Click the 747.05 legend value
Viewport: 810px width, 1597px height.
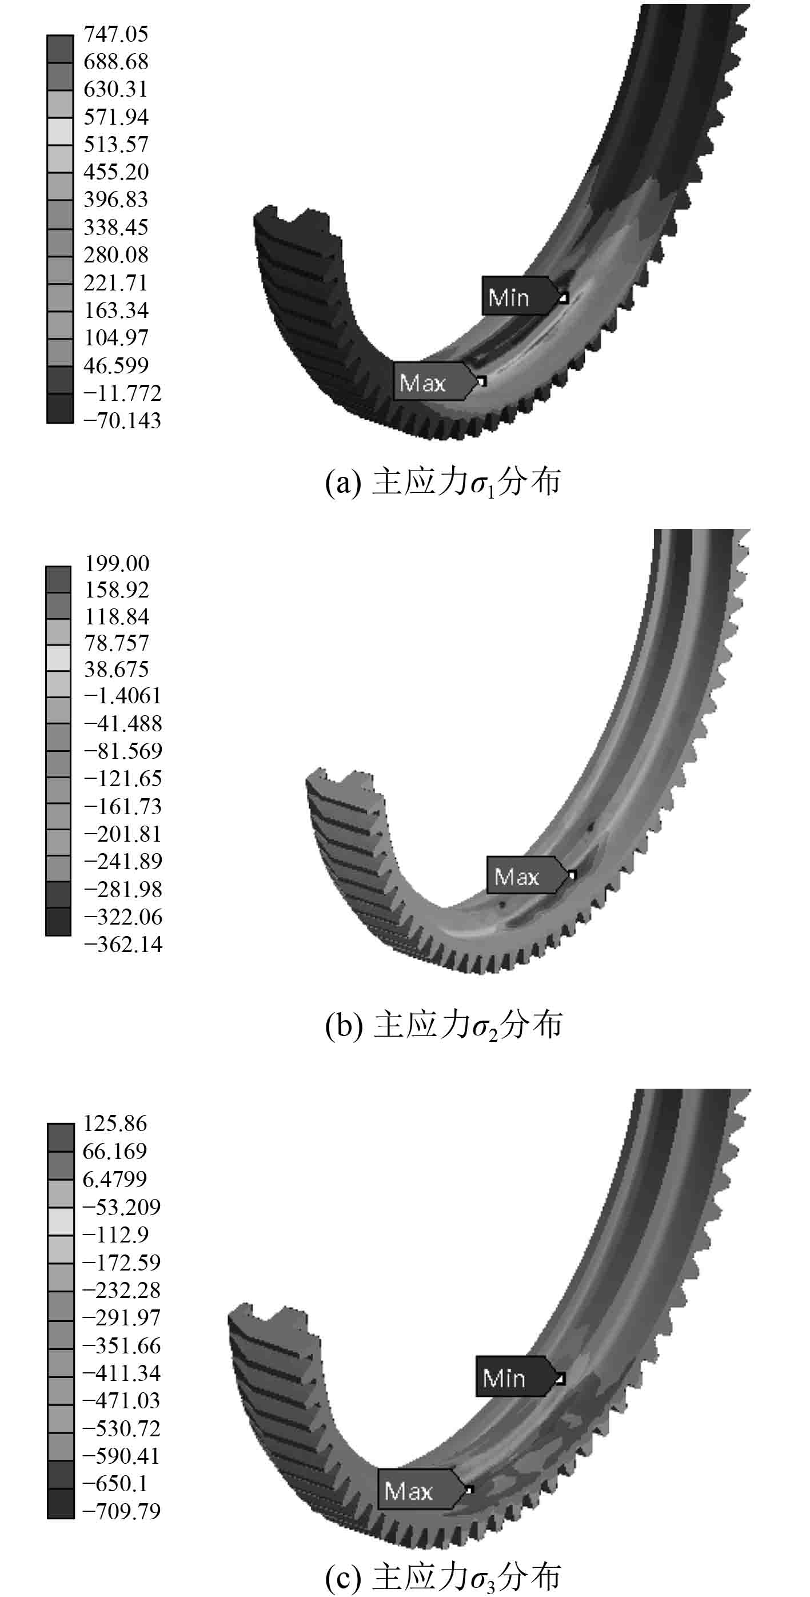116,34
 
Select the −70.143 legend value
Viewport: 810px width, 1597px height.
122,420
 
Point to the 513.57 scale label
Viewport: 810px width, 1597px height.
116,145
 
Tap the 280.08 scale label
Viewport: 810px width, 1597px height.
116,255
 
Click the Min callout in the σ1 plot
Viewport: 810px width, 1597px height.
524,296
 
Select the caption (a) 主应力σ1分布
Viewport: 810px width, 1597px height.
443,483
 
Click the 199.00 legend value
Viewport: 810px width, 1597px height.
117,564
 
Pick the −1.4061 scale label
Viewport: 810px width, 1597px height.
123,696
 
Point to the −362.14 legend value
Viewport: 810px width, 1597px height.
123,944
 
